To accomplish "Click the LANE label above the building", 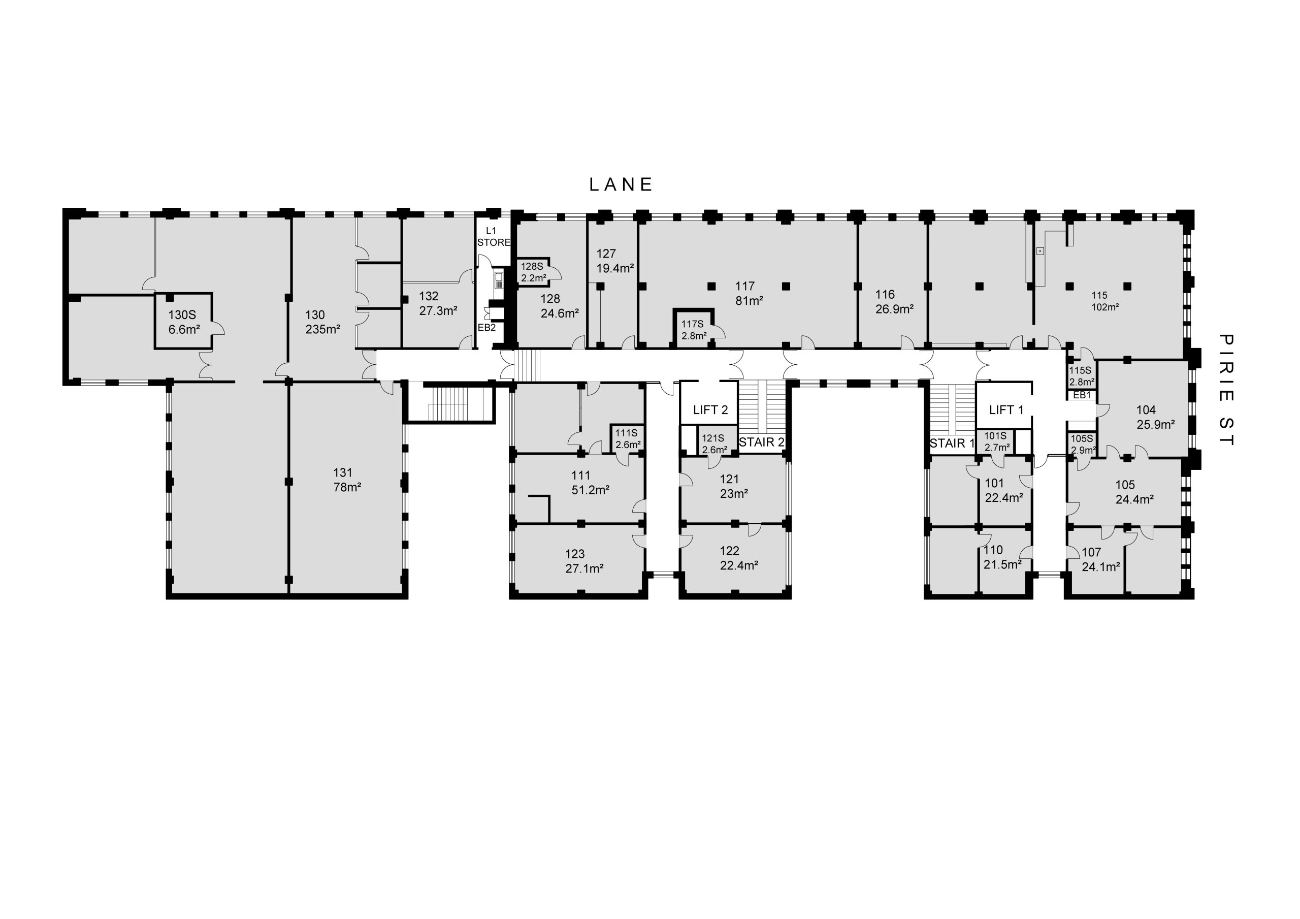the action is coord(621,185).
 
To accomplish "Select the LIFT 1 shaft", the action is coord(1004,404).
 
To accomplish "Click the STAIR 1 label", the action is coord(952,443).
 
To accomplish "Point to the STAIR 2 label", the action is coord(762,442).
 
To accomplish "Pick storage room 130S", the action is coord(184,321).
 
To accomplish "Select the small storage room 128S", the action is coord(533,271).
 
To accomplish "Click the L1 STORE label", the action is coord(494,237).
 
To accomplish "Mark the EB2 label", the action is coord(486,328).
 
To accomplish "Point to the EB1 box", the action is coord(1082,395).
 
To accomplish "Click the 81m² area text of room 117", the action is coord(749,301).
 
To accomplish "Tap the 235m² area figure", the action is coord(323,329).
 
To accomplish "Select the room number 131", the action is coord(343,472).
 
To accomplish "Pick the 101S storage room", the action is coord(996,441).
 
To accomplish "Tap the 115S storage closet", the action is coord(1082,375).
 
